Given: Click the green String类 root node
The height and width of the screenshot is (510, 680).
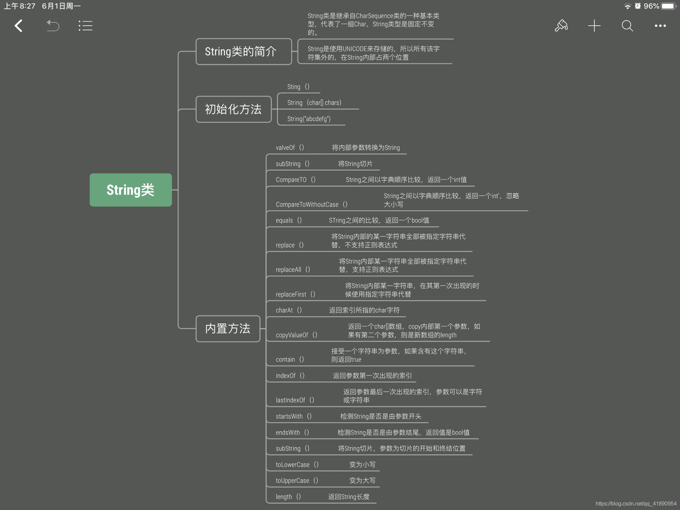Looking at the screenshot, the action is coord(130,190).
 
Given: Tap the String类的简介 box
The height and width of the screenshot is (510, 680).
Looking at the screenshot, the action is coord(243,51).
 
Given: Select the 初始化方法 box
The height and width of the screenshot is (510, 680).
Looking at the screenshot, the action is coord(233,109).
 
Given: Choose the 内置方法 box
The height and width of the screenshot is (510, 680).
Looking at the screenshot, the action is coord(228,328).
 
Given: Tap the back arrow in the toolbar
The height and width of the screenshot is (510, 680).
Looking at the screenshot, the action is coord(19,26).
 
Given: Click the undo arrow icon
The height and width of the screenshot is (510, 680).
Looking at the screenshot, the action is coord(52,26).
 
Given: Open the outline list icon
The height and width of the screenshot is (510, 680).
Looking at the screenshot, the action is coord(85,26).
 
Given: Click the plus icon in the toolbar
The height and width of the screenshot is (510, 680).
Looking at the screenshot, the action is coord(594,26).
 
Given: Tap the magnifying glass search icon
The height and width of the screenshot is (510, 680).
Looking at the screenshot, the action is coord(627,26).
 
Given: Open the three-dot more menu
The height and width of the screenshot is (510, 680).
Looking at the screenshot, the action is coord(660,26).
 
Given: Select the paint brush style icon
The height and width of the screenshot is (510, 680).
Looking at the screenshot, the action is coord(561,26).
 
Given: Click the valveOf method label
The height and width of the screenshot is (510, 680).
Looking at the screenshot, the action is coord(290,148).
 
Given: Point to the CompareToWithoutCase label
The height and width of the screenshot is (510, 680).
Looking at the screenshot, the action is coord(311,205).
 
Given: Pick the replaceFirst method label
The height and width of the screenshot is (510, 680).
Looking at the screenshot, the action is coord(295,295).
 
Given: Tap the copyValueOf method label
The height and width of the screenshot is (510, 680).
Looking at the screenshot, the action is coord(296,335).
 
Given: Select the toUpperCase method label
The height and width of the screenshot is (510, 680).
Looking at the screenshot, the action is coord(297,481).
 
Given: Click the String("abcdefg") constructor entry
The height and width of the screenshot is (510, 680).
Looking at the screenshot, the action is coord(309,119).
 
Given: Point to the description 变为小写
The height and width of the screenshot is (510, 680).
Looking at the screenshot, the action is coord(362,465).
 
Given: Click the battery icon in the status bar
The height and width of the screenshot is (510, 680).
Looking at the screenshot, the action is coord(668,6).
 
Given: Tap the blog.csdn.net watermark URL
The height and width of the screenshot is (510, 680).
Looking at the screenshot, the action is coord(636,504).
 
